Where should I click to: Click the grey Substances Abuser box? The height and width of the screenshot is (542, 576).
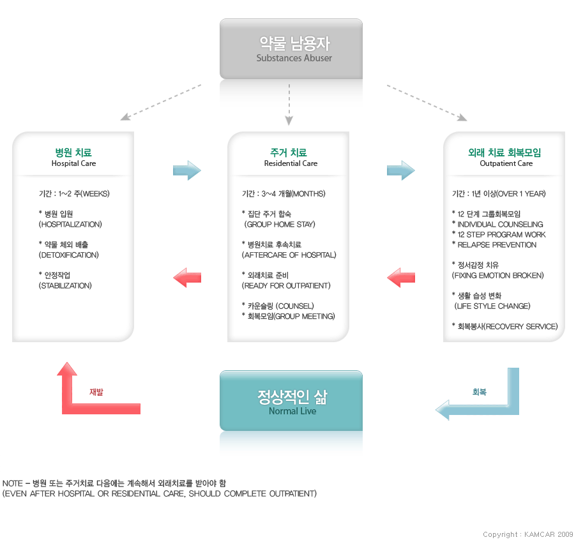(291, 49)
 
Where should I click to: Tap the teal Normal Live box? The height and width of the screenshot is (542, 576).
(291, 401)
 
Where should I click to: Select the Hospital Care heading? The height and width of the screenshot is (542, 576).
(73, 157)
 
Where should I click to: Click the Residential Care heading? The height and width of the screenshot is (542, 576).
(289, 157)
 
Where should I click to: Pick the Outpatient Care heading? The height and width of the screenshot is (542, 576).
(504, 157)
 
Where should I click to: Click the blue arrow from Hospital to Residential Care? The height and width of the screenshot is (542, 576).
(186, 170)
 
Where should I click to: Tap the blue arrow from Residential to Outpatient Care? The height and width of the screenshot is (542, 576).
(400, 170)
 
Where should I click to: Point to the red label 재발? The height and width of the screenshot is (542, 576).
(96, 392)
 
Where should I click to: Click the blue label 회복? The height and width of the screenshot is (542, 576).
(479, 392)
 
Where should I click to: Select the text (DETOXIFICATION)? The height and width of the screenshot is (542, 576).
(69, 255)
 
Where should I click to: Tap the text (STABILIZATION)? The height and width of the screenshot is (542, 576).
(65, 285)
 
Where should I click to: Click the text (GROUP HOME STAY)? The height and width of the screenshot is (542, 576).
(280, 224)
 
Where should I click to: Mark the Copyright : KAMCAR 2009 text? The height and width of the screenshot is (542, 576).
(527, 534)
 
